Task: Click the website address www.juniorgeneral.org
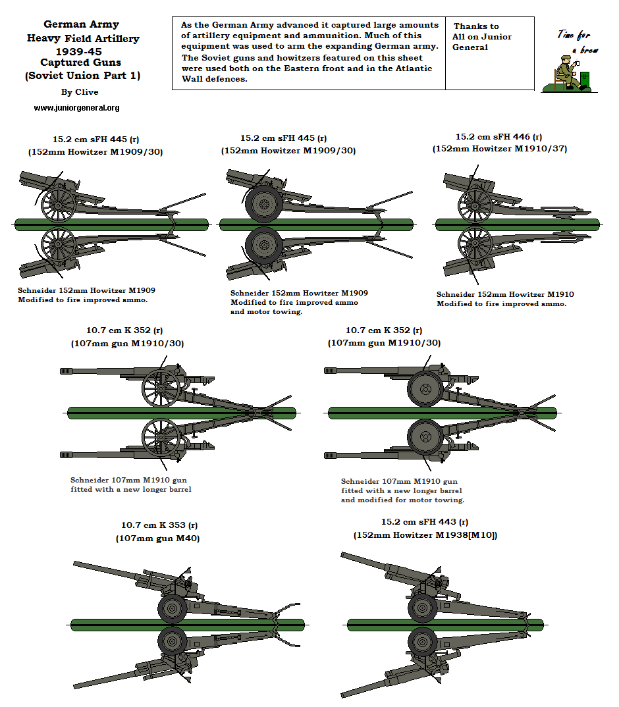pos(76,107)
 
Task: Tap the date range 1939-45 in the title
pos(82,51)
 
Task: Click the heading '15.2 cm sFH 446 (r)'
pos(498,137)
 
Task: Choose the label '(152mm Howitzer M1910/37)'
pos(499,149)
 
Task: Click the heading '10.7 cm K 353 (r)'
pos(159,525)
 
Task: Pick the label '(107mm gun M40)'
pos(158,538)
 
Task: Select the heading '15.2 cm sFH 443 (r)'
pos(425,522)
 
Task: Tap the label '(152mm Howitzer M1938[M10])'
pos(425,535)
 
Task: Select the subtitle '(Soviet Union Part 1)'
pos(82,75)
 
